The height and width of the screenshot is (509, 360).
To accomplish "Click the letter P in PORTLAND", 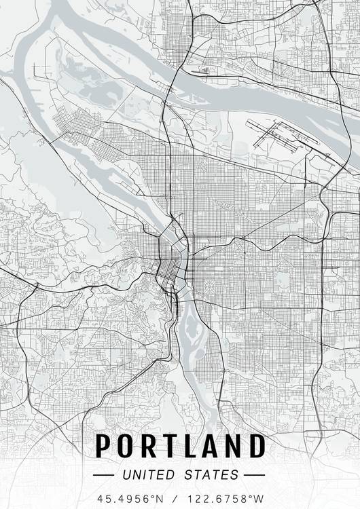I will (x=104, y=446).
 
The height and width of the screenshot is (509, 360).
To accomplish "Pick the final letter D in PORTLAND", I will (x=256, y=446).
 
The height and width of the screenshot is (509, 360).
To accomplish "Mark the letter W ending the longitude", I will (x=257, y=497).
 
